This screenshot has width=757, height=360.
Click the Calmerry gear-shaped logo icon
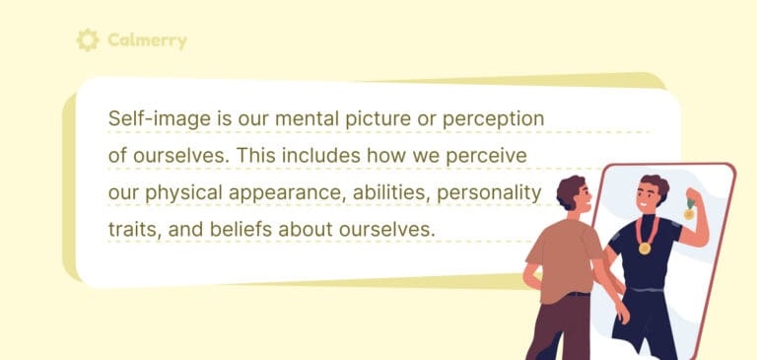(x=88, y=39)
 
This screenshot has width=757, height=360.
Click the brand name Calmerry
(x=148, y=40)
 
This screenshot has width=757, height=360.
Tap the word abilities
(x=387, y=192)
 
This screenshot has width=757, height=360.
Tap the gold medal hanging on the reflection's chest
(x=644, y=248)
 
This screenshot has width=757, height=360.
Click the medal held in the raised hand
(x=689, y=211)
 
